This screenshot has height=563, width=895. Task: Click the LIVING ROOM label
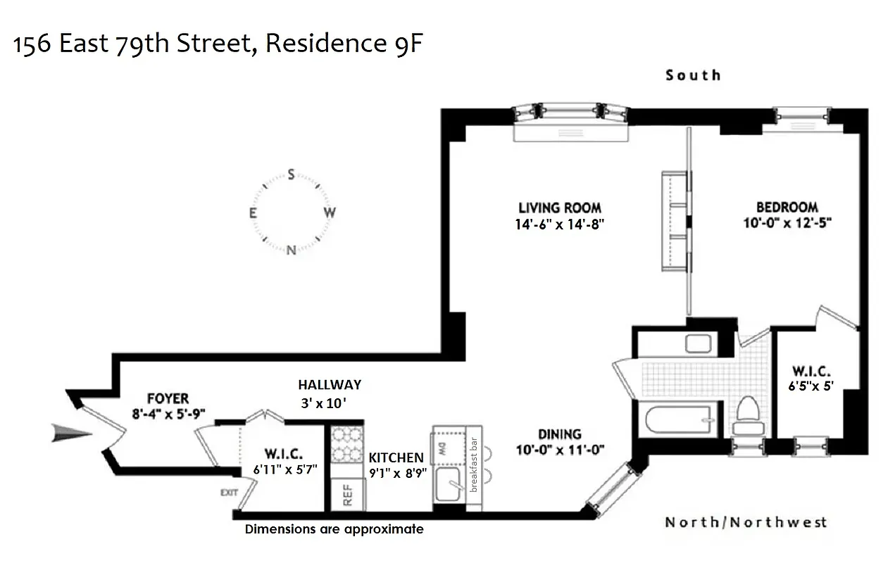click(x=560, y=208)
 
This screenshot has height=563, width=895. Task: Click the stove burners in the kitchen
click(x=346, y=443)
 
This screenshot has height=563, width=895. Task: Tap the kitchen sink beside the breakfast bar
click(x=448, y=485)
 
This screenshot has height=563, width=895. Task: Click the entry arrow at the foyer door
click(x=72, y=435)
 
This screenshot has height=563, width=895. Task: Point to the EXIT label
click(x=230, y=492)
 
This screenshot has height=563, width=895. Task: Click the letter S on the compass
click(x=290, y=175)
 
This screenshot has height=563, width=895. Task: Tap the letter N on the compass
click(x=291, y=250)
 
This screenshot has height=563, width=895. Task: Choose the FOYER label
click(x=168, y=399)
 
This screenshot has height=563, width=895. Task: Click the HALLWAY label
click(x=329, y=385)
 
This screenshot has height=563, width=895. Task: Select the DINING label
click(x=560, y=434)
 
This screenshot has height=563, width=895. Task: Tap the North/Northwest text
click(x=746, y=522)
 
